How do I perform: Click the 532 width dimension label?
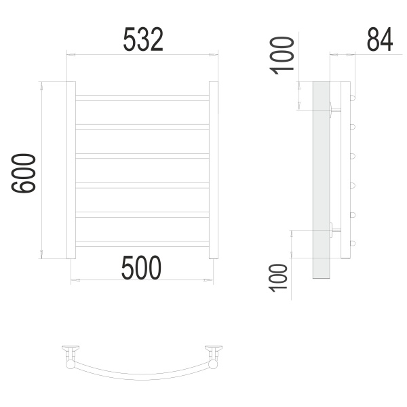coord(143,39)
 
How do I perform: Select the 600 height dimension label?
coord(23,173)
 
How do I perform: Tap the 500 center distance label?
coord(141,268)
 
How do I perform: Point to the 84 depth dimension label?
coord(380,39)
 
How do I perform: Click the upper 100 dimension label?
coord(282,56)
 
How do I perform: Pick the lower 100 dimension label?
coord(278,278)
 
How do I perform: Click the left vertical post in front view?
coord(71,170)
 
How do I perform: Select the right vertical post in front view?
coord(214,170)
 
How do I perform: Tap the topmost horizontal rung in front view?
coord(142,98)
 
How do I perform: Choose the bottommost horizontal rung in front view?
coord(142,244)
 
